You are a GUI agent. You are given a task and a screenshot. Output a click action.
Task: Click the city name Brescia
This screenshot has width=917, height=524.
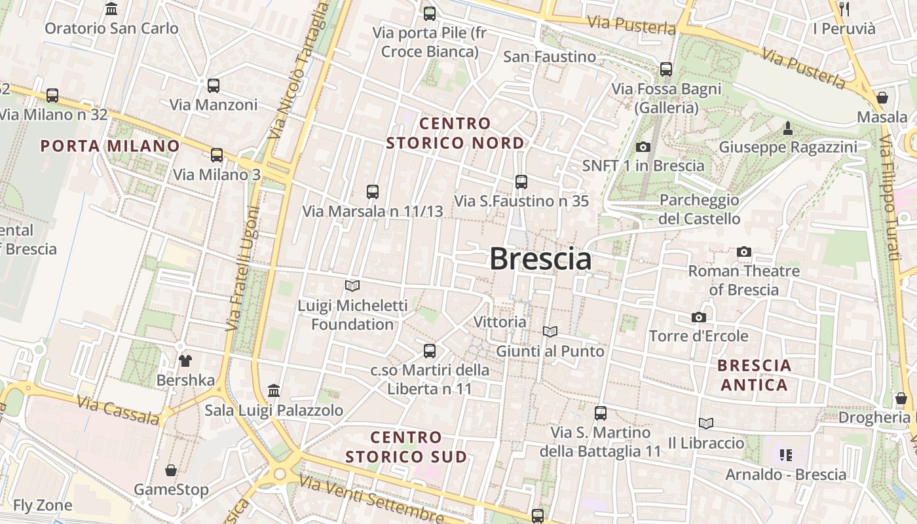[540, 259]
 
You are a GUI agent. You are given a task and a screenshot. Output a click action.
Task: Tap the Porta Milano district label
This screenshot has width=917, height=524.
[110, 146]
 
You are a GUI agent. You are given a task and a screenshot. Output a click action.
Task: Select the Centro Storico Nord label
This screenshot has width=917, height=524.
[455, 133]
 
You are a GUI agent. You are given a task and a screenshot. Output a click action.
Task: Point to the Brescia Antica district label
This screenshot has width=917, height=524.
[755, 375]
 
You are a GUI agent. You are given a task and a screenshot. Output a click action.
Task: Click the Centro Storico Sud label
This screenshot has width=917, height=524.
[406, 447]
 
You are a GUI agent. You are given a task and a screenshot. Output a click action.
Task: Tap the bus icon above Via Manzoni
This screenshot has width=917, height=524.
[213, 85]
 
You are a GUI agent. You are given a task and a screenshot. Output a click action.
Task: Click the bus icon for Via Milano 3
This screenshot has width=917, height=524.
[216, 155]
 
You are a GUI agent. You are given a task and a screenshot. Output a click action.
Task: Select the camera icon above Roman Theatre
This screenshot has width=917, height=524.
[743, 252]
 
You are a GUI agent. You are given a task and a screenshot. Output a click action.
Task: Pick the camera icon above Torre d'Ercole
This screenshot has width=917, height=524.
[699, 317]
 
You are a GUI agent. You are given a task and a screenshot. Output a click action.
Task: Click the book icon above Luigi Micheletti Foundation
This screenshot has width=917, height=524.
[352, 286]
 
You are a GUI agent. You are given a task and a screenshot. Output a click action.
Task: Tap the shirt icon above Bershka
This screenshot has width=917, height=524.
[185, 360]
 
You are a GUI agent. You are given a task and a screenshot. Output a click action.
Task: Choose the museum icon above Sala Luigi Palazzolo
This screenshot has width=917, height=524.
[274, 391]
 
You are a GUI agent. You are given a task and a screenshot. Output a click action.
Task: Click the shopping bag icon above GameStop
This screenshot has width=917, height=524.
[171, 470]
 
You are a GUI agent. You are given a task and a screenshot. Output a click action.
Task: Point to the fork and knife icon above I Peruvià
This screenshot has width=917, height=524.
[844, 9]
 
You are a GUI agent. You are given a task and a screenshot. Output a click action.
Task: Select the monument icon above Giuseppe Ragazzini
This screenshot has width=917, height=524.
[788, 128]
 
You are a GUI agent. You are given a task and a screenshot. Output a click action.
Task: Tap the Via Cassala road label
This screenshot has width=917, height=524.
[118, 409]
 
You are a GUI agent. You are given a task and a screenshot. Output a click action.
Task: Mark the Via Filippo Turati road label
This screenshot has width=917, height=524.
[889, 190]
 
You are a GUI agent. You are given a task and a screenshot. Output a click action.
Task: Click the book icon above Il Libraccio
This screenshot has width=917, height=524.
[705, 423]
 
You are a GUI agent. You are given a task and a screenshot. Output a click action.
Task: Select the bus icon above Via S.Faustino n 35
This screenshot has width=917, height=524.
[521, 181]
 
